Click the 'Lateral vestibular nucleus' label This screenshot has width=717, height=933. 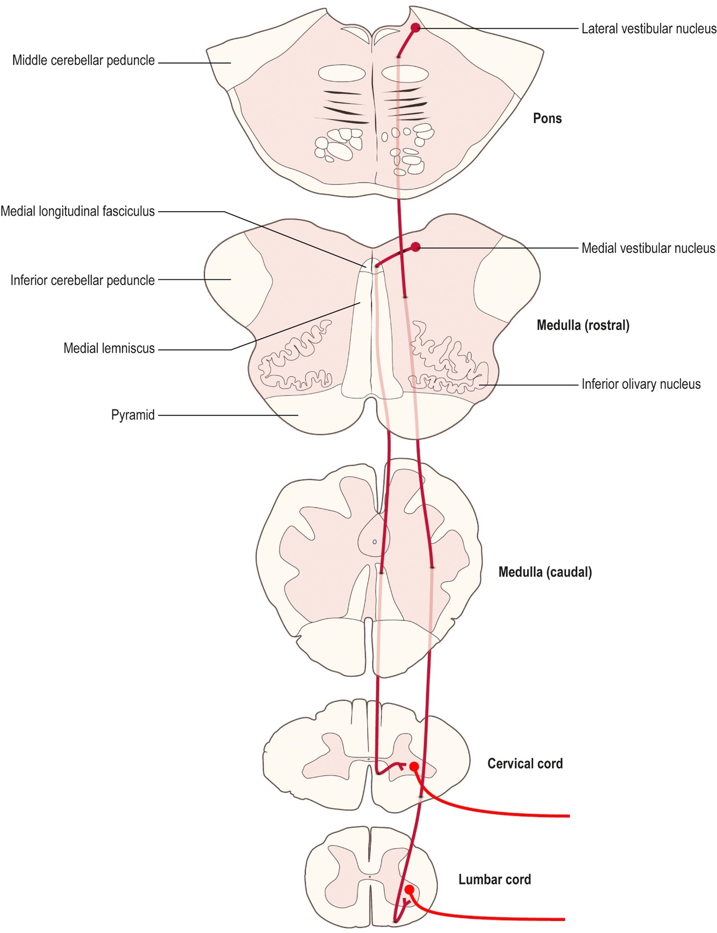pos(649,28)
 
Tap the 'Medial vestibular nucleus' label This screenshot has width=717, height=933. pos(648,248)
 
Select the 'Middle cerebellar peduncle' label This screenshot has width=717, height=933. pos(83,60)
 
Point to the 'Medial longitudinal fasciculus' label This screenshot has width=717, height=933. pos(77,211)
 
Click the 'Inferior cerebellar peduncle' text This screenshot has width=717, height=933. pos(82,280)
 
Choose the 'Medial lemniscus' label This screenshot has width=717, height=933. pos(109,348)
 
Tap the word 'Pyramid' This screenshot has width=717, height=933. pos(133,415)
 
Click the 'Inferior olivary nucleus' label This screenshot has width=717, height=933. pos(641,384)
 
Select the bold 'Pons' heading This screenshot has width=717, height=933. pos(547,118)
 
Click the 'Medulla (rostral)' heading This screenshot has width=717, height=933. pos(583,325)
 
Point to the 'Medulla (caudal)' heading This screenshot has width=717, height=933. pos(545,572)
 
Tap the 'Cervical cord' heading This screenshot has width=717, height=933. pos(525,763)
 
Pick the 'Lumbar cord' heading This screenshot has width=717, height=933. pos(494,879)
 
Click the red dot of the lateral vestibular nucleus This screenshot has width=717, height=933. pos(415,27)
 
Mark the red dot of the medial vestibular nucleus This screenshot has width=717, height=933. pos(415,247)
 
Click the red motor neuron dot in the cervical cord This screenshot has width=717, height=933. pos(414,766)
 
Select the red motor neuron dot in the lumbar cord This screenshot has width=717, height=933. pos(410,889)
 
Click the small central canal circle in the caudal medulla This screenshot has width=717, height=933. pos(375,542)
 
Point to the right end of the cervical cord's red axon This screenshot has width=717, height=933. pos(568,816)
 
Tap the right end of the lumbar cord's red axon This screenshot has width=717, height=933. pos(564,919)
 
